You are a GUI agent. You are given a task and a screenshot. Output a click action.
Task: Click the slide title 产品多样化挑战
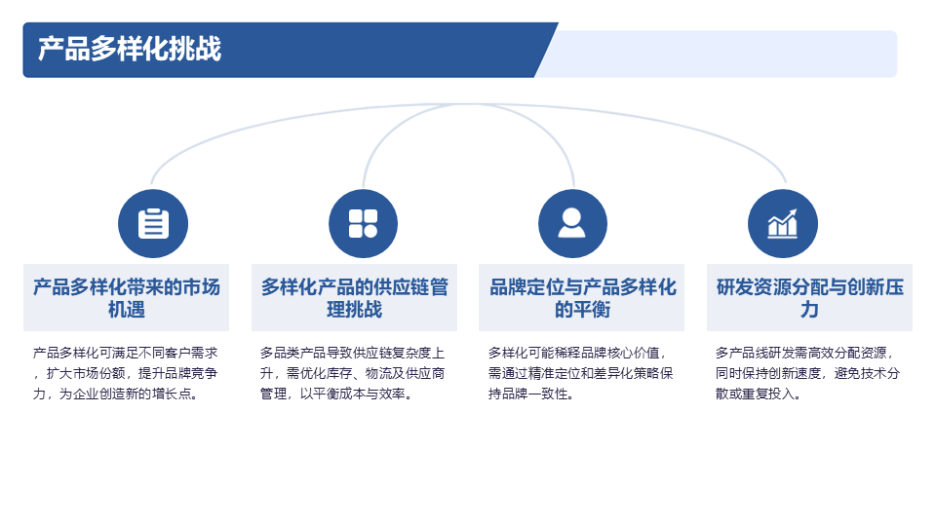pos(130,50)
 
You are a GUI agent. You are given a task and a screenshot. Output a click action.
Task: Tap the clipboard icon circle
pos(153,223)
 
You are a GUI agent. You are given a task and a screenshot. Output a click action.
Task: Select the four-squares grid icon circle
pos(364,223)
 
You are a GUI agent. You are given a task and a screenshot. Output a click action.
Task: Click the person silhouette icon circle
pos(572,223)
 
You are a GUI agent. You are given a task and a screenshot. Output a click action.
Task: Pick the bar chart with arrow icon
pos(783,223)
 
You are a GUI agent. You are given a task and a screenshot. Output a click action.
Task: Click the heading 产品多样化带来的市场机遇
pos(127,298)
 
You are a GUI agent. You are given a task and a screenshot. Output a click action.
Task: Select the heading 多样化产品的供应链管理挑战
pos(355,298)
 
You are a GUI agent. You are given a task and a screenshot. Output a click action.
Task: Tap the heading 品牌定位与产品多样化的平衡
pos(582,298)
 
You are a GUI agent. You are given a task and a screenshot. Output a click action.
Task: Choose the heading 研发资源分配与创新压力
pos(809,298)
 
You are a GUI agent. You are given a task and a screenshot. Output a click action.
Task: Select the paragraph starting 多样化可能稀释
pos(582,373)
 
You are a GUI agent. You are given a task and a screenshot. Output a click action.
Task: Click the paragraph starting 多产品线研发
pos(809,373)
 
